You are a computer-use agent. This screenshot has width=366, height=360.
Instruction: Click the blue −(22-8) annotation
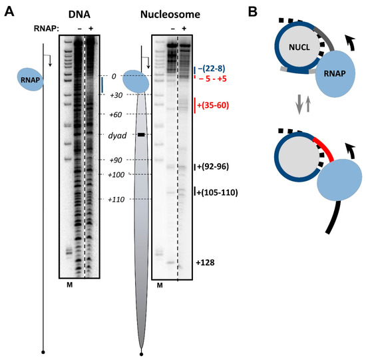214,69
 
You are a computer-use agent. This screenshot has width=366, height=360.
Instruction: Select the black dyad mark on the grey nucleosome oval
141,135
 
